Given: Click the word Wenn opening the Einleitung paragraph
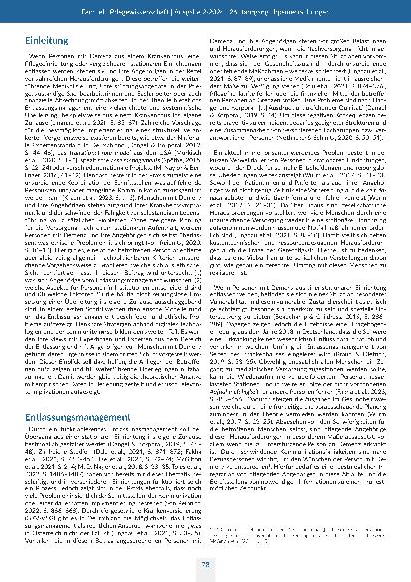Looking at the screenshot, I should click(40, 59).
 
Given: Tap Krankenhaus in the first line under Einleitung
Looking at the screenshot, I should click(172, 59).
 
